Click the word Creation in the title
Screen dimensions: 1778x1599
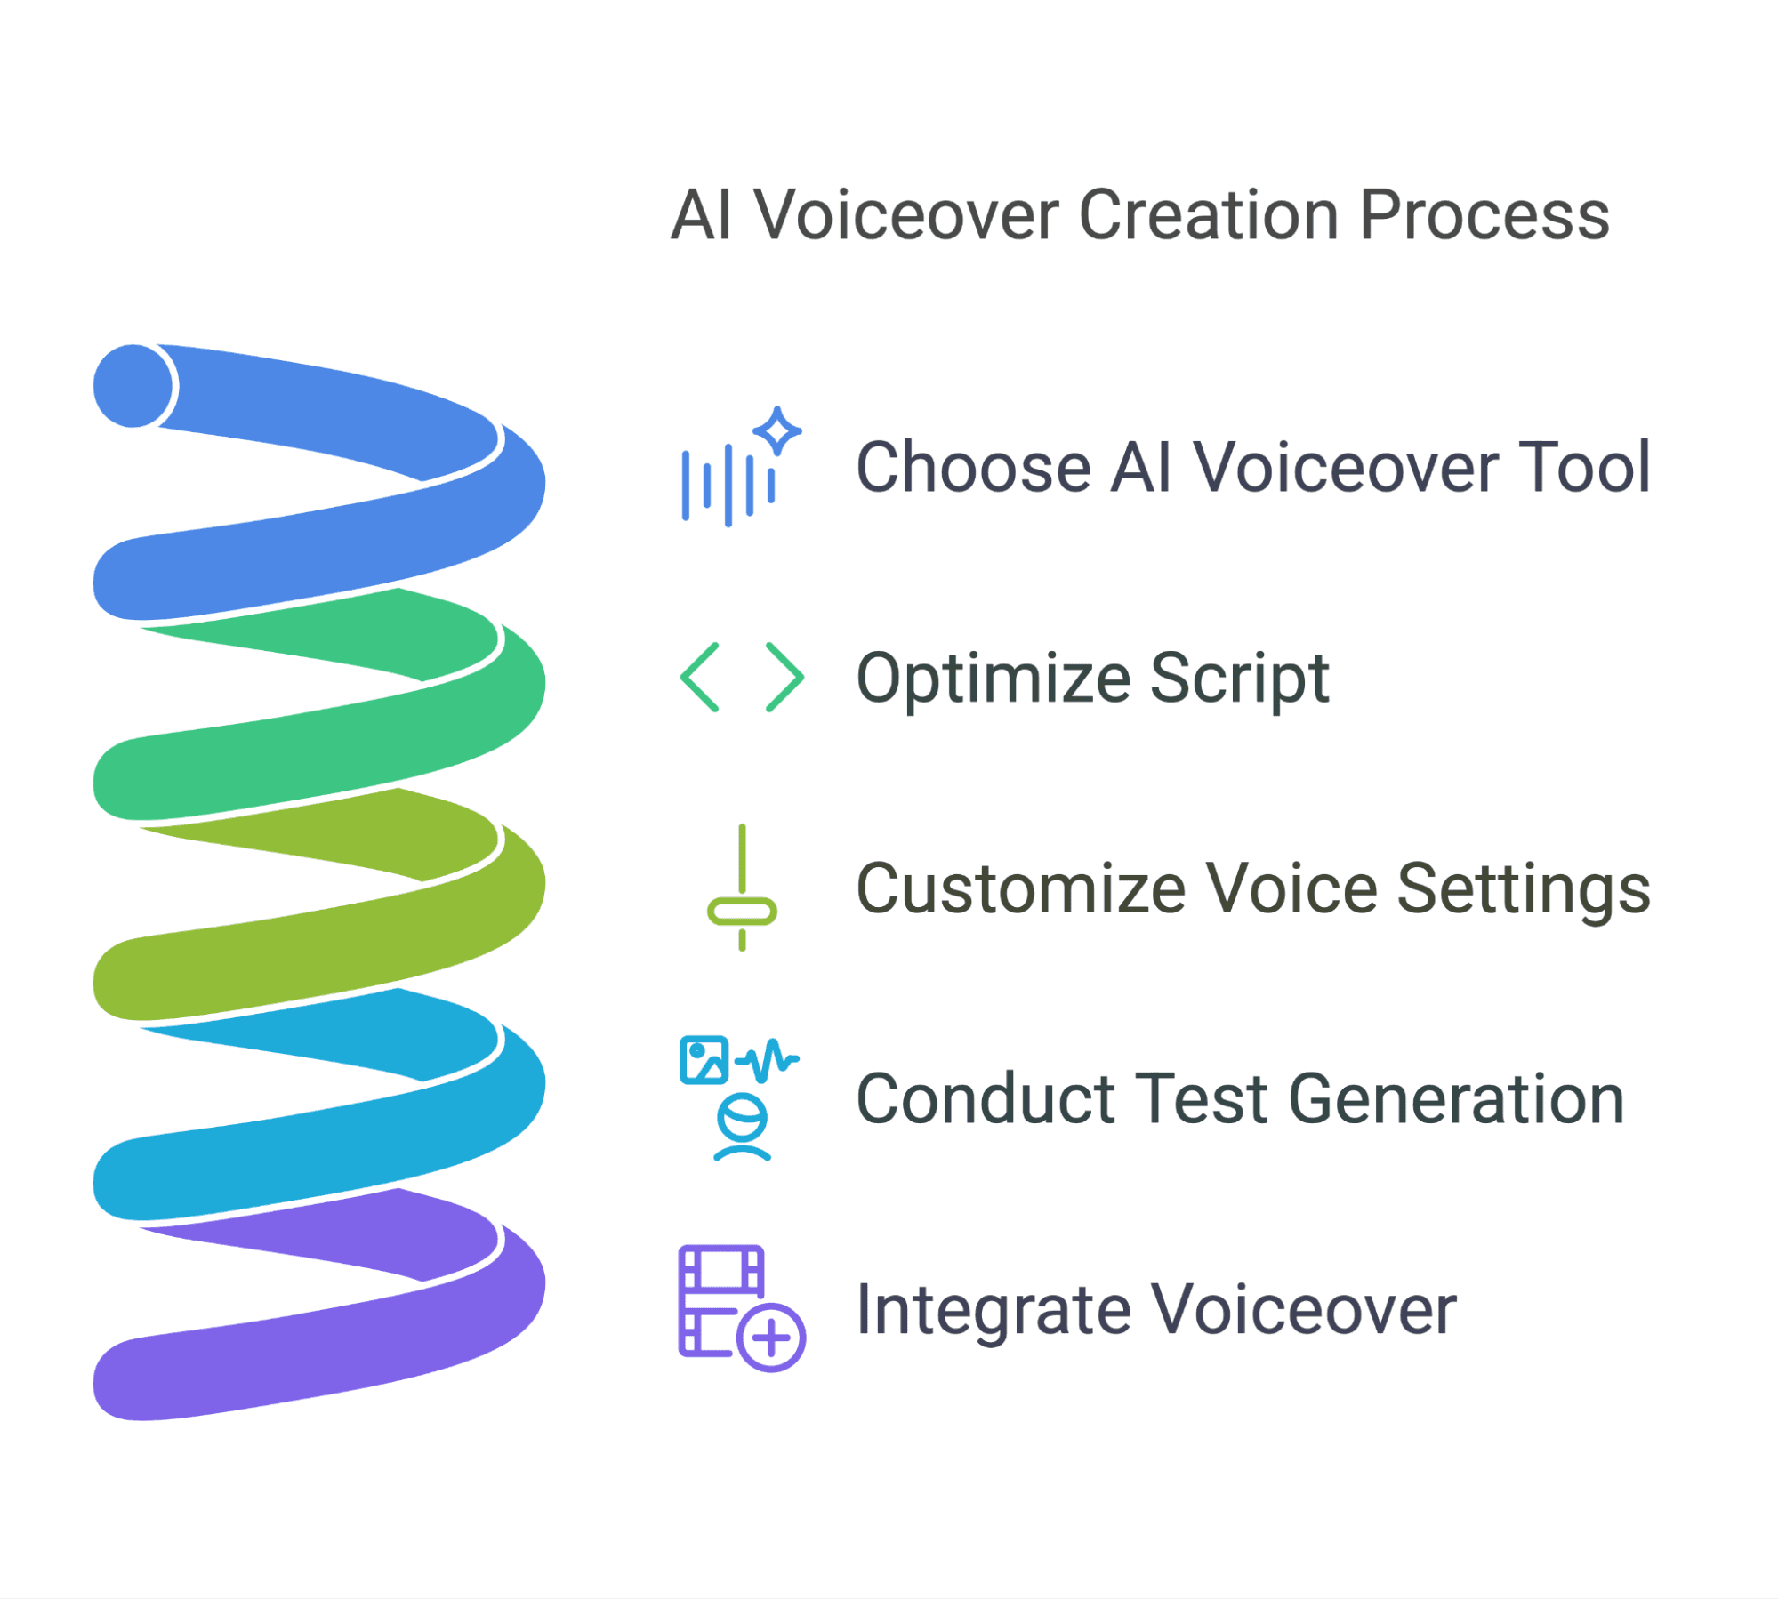tap(1209, 215)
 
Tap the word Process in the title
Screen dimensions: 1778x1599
tap(1484, 216)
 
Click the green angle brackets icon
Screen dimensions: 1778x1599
tap(742, 677)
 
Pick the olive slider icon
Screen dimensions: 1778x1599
tap(742, 888)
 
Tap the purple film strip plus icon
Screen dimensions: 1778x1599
tap(742, 1308)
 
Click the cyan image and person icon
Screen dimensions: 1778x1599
tap(740, 1098)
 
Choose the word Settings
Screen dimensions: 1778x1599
tap(1524, 889)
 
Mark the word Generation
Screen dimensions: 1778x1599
tap(1456, 1099)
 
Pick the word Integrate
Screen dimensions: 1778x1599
tap(993, 1310)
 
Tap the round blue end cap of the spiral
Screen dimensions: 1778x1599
tap(133, 386)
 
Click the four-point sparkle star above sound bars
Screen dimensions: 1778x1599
tap(777, 430)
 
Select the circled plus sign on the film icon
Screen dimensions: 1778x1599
tap(771, 1338)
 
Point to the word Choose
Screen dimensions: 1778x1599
tap(973, 467)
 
